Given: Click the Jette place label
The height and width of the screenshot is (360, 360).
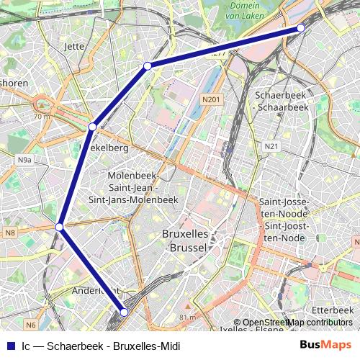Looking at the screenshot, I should [x=74, y=46].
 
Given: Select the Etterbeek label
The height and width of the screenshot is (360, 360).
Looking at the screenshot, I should [x=333, y=310].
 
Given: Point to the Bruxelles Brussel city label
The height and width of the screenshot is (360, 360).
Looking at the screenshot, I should [x=185, y=240].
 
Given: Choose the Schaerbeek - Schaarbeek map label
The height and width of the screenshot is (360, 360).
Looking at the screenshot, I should [x=282, y=100].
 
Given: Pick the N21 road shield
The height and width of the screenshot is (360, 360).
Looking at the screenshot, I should [x=271, y=146].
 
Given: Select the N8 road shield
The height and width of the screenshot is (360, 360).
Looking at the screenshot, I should [x=10, y=232].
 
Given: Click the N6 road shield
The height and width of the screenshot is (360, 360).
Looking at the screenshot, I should [x=30, y=325].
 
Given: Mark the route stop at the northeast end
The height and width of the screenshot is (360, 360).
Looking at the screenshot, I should [x=301, y=28].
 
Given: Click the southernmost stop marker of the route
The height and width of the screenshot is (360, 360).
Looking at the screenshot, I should [x=124, y=312].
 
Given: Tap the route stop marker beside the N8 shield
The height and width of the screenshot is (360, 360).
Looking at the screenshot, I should [x=60, y=228].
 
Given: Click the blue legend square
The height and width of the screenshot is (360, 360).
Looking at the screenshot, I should [x=10, y=346].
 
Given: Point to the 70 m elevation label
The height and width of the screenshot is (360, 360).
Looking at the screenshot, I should [x=41, y=115].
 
